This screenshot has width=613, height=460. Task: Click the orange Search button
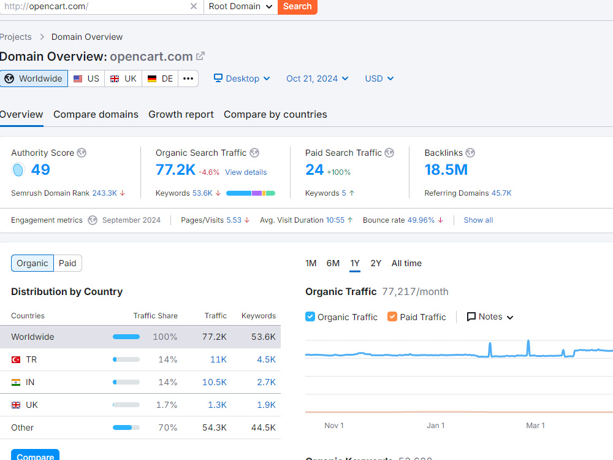(x=297, y=7)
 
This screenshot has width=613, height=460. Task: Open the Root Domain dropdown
(x=240, y=7)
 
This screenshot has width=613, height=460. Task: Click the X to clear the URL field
(x=194, y=6)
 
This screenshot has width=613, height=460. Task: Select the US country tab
(x=86, y=79)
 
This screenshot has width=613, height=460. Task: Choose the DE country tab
(x=160, y=79)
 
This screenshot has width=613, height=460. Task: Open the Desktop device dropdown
(x=242, y=79)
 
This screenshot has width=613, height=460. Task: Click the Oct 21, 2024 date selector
(x=317, y=79)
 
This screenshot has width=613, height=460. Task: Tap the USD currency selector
(x=379, y=79)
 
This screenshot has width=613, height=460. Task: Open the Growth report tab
(x=181, y=115)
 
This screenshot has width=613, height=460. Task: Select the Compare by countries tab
(x=275, y=115)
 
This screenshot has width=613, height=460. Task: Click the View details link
(x=246, y=172)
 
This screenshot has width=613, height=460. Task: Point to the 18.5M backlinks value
(x=446, y=170)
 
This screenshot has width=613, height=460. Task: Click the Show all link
(x=478, y=220)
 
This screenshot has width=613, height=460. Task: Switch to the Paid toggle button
(x=67, y=263)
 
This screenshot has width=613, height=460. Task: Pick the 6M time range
(x=333, y=263)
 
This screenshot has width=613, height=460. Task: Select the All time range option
(x=406, y=263)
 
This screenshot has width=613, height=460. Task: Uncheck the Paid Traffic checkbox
(x=392, y=316)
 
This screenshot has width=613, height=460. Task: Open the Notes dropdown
(x=490, y=317)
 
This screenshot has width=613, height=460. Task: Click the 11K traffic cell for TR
(x=218, y=359)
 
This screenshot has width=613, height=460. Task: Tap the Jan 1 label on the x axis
(x=435, y=426)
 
